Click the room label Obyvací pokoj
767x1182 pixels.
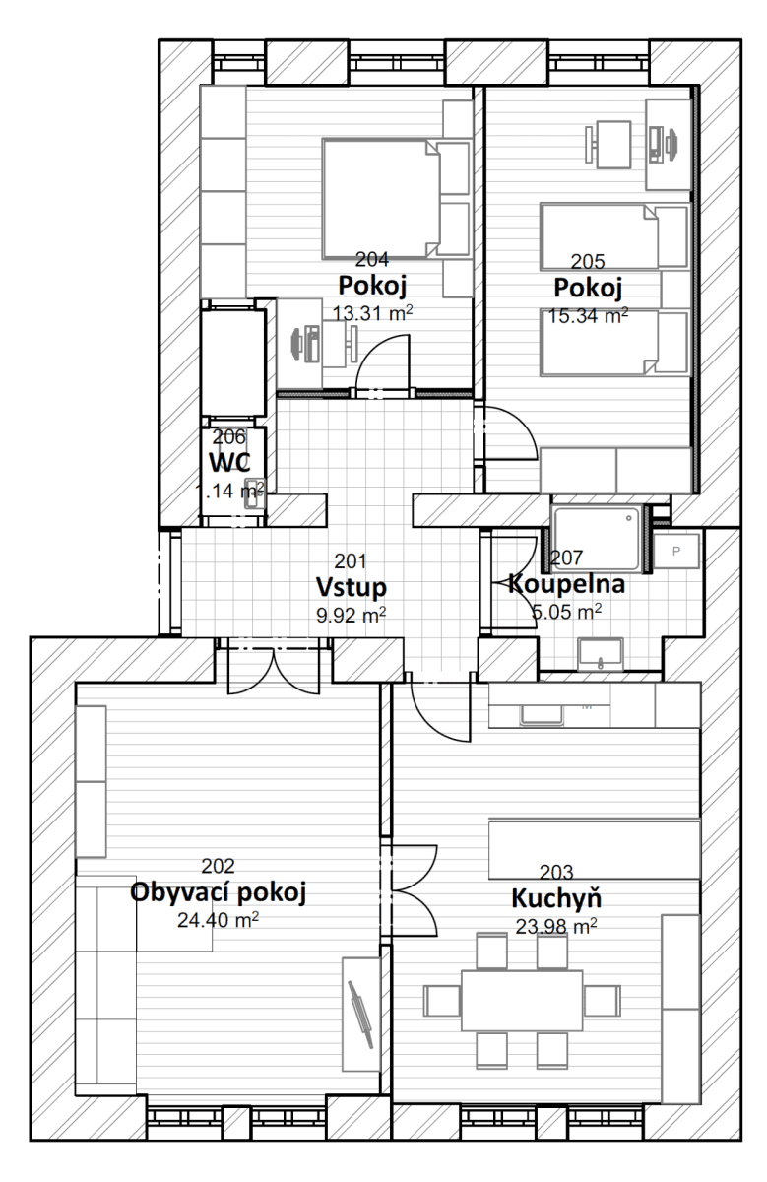pos(219,893)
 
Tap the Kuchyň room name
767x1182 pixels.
pos(556,899)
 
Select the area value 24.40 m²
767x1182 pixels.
pos(219,920)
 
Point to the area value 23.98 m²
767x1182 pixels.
pos(556,926)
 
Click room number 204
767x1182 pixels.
pos(370,260)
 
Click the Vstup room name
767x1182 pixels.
pos(351,587)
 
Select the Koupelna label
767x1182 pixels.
pos(566,585)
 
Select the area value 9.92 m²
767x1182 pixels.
pos(351,614)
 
